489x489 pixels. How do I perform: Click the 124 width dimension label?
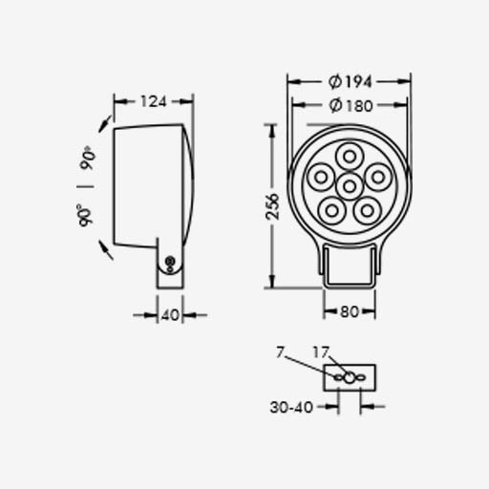click(154, 101)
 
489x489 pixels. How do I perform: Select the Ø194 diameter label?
click(350, 82)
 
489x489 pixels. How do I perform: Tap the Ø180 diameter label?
click(351, 105)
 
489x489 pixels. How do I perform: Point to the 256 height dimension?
click(272, 206)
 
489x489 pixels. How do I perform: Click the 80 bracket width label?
click(350, 311)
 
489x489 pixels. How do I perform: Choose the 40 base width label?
click(170, 315)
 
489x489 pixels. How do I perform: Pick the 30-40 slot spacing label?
click(291, 407)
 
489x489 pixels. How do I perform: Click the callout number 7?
click(280, 352)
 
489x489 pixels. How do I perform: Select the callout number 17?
click(320, 352)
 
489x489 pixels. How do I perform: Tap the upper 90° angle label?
click(88, 158)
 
